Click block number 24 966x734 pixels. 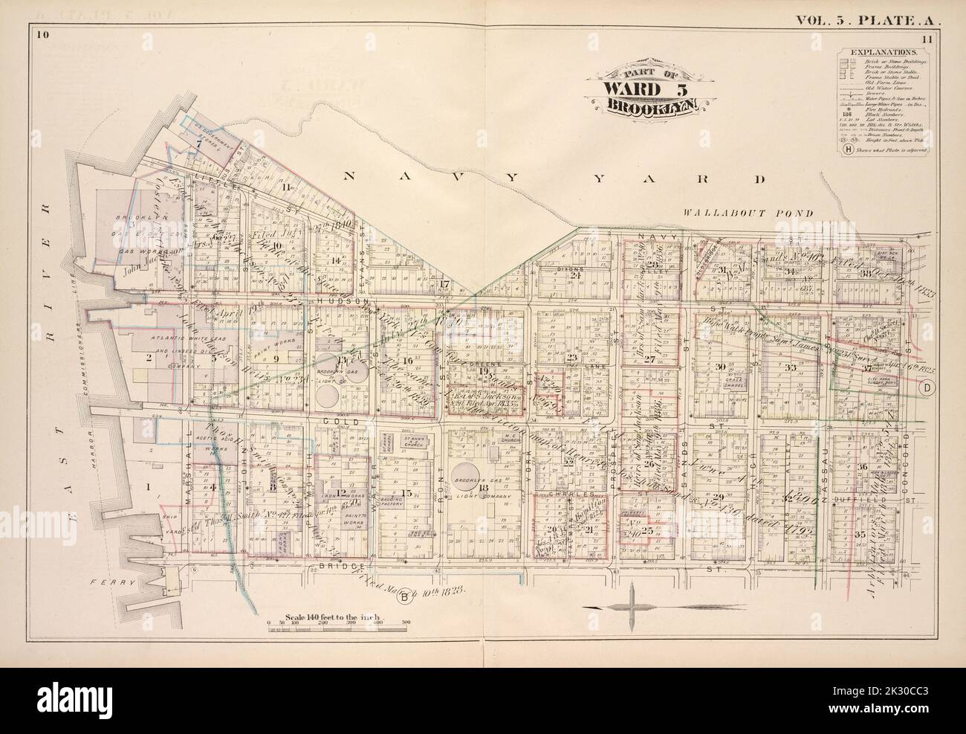pos(574,274)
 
